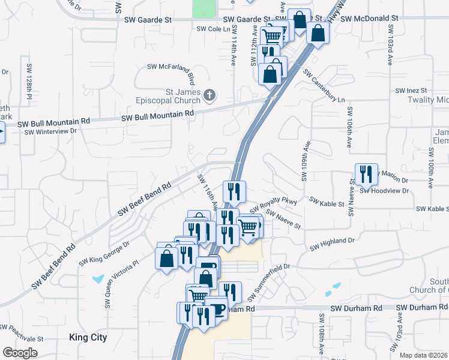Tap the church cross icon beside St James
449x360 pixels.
(x=209, y=94)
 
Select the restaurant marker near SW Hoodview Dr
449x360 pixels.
(x=366, y=174)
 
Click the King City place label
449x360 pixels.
(x=88, y=337)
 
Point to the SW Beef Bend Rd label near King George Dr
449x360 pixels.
(x=54, y=265)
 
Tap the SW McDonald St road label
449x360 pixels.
(x=369, y=19)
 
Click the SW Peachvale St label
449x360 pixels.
(x=22, y=333)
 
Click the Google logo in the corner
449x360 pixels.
(x=20, y=353)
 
